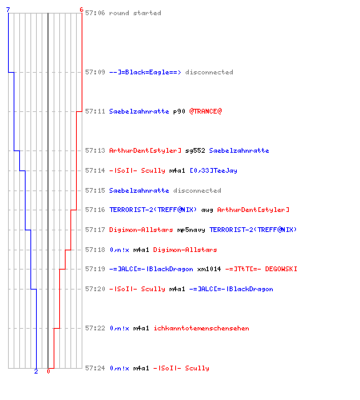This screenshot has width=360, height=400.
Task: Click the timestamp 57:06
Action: [x=95, y=13]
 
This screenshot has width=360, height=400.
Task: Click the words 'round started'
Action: [x=135, y=13]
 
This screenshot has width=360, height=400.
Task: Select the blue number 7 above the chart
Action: [x=8, y=10]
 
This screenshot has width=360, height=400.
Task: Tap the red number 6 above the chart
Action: [x=82, y=10]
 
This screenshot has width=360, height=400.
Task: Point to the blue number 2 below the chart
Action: [x=36, y=371]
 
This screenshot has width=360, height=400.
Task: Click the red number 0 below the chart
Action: [x=48, y=371]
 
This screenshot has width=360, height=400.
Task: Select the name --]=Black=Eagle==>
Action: [x=145, y=72]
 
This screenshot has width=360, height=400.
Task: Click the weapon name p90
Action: [x=179, y=111]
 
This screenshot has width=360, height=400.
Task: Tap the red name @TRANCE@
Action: [x=206, y=111]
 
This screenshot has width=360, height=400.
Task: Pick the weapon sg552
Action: [x=195, y=150]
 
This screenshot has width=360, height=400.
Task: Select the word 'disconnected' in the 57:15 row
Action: [x=197, y=190]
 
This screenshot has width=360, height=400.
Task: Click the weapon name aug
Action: [x=207, y=210]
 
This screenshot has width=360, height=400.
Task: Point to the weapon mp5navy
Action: [x=191, y=230]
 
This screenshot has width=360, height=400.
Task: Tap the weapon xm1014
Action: [x=209, y=269]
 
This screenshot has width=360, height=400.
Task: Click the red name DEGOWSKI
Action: [x=281, y=269]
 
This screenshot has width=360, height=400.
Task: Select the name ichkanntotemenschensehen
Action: [x=202, y=328]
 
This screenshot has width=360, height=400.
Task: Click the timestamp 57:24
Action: [x=95, y=368]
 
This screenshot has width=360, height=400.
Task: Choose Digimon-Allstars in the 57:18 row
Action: [x=185, y=250]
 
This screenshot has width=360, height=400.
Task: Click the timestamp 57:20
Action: [x=95, y=289]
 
